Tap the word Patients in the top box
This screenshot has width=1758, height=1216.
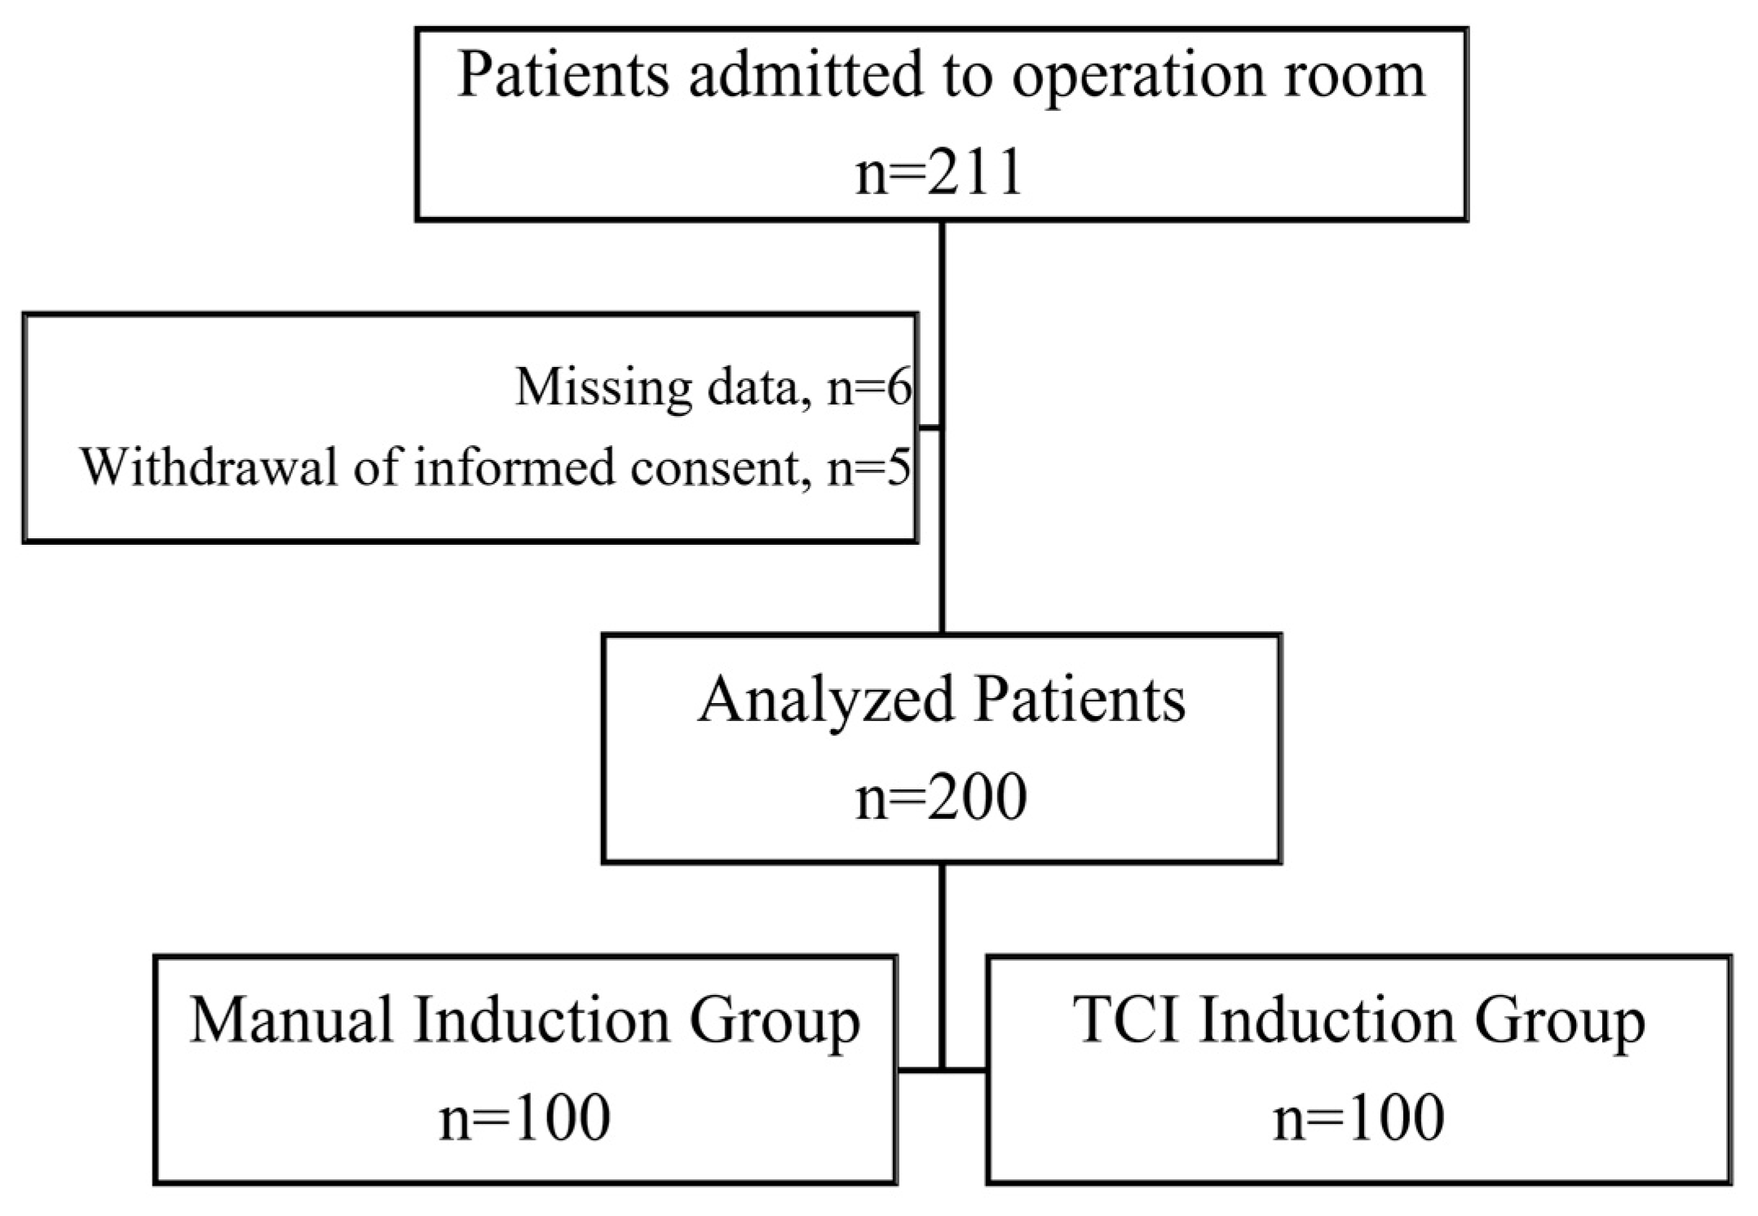[x=563, y=75]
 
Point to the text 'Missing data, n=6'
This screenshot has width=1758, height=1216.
[x=713, y=387]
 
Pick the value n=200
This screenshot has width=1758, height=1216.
[x=941, y=797]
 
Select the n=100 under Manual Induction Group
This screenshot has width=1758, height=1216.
[x=524, y=1117]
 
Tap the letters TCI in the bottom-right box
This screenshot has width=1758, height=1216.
[x=1126, y=1020]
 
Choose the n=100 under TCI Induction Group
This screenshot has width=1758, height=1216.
[x=1358, y=1117]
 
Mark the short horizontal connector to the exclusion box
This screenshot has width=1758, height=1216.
[x=930, y=427]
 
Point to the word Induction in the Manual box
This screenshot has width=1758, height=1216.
[x=541, y=1020]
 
